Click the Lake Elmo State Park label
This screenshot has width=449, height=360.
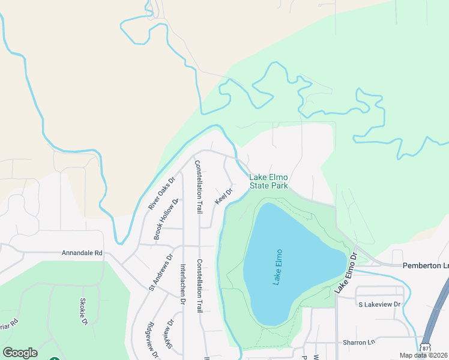(x=269, y=181)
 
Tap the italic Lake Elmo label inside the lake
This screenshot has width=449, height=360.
(x=277, y=267)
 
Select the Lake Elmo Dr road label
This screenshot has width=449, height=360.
(x=346, y=273)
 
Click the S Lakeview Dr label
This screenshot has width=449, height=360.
(x=379, y=305)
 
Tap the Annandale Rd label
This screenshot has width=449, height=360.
(x=82, y=253)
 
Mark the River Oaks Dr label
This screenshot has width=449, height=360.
(x=161, y=193)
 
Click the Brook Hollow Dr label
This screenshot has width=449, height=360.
(x=166, y=220)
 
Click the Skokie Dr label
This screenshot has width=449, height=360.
(x=84, y=311)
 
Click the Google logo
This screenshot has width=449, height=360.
(x=20, y=353)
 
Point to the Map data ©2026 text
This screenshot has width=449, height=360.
(x=424, y=355)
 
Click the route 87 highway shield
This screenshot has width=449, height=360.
(x=426, y=348)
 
